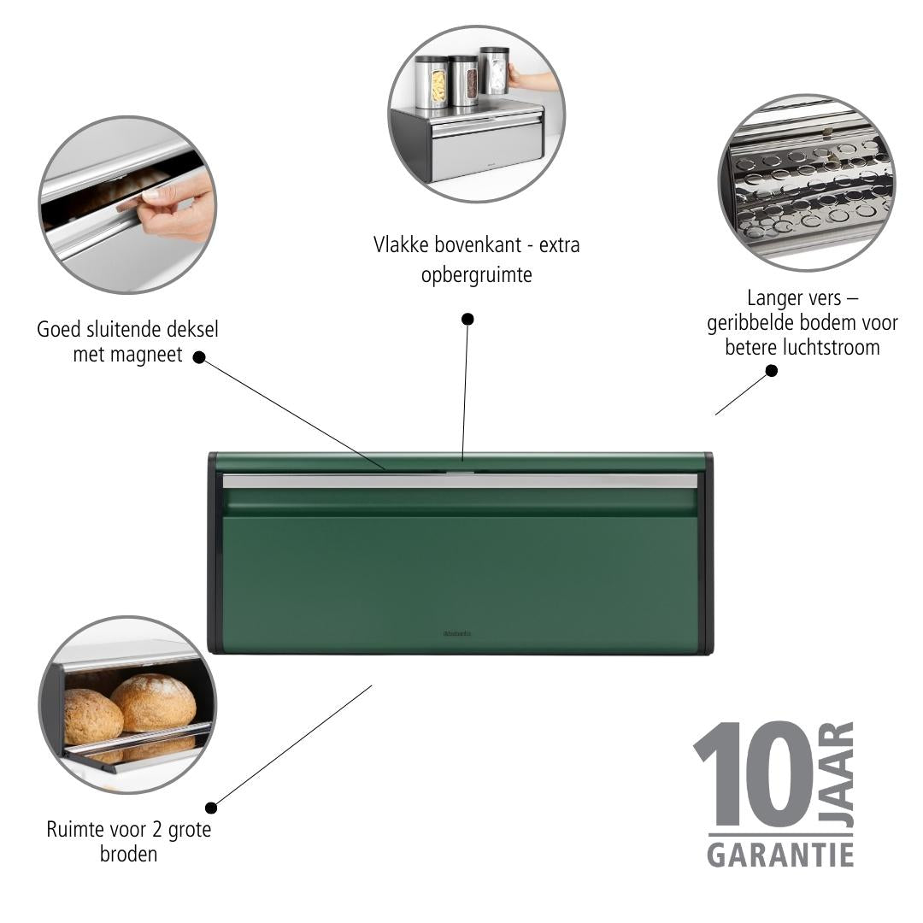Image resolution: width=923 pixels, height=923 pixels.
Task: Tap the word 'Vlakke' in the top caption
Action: [400, 245]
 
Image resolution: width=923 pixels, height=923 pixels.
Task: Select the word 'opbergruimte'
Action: [476, 275]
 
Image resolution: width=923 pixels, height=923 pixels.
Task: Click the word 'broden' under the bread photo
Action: [128, 854]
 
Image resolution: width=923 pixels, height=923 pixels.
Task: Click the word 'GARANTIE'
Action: [780, 855]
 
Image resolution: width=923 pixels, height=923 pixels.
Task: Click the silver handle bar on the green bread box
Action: [460, 481]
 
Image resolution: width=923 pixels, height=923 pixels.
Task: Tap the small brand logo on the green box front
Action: [456, 634]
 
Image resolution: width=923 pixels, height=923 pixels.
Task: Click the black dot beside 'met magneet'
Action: [199, 357]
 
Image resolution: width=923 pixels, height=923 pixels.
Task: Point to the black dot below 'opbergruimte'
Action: [467, 319]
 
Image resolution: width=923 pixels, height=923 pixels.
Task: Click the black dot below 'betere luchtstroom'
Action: [771, 370]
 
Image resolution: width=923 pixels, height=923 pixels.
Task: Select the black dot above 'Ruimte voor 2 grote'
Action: [211, 808]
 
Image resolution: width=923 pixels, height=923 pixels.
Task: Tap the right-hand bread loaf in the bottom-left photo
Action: [153, 703]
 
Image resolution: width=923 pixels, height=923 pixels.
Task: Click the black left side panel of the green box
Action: [215, 552]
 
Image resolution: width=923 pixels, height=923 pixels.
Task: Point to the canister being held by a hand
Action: [494, 71]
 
